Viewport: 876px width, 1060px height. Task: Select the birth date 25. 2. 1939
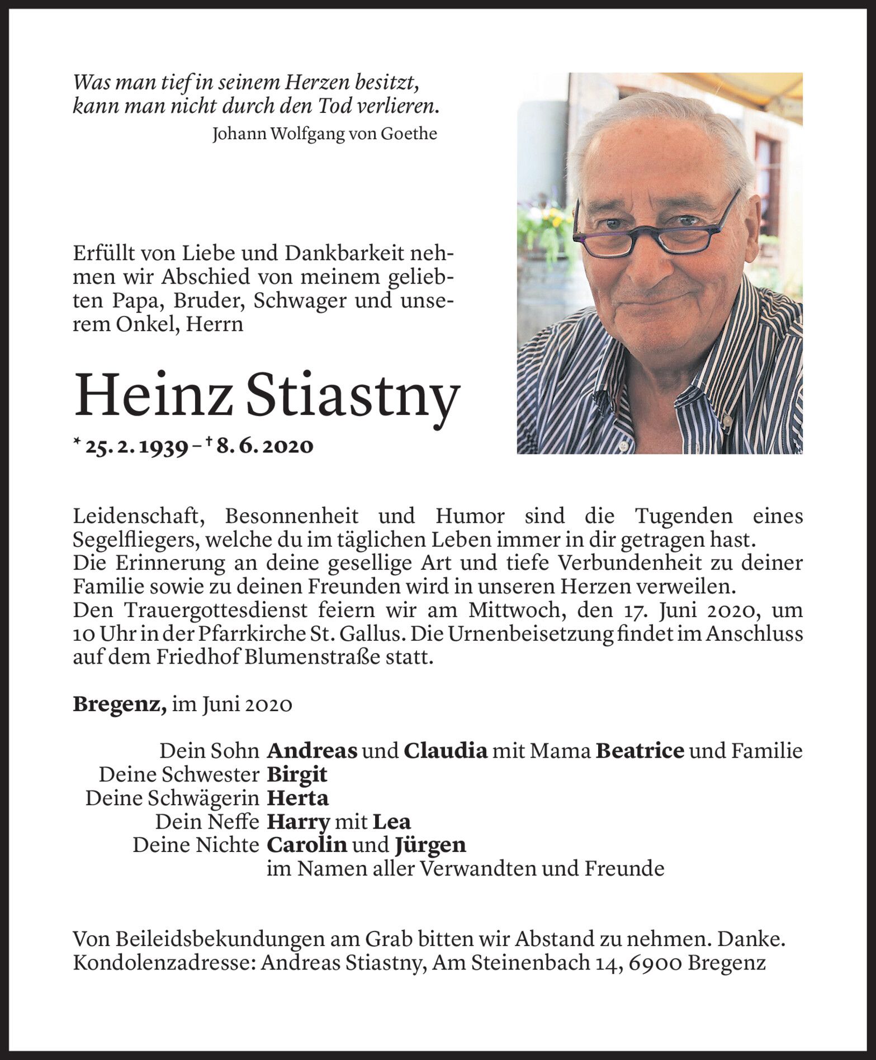pyautogui.click(x=136, y=446)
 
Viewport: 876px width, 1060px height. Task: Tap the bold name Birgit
pyautogui.click(x=297, y=774)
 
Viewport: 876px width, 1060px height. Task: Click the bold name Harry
pyautogui.click(x=297, y=822)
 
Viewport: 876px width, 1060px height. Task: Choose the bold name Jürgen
pyautogui.click(x=430, y=845)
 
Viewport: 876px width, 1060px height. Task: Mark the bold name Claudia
pyautogui.click(x=446, y=751)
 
